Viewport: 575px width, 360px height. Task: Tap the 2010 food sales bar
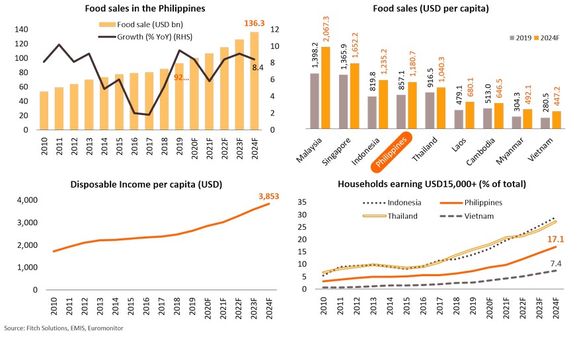(x=44, y=110)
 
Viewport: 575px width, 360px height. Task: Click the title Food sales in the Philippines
(x=145, y=9)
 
